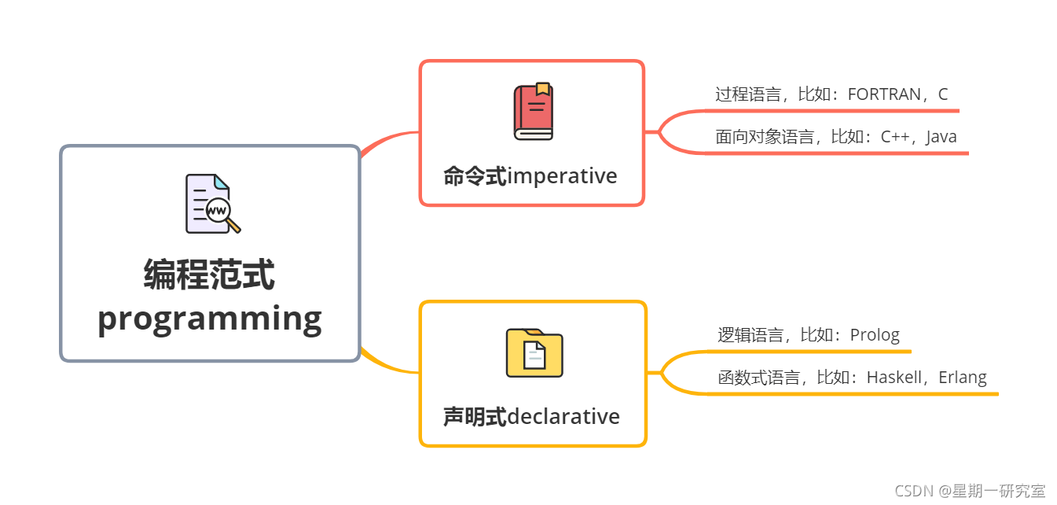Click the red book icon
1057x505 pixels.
534,112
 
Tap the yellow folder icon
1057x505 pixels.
534,353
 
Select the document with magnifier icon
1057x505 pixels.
213,204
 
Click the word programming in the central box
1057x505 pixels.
210,320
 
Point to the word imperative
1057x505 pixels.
562,175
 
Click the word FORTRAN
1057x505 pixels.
884,94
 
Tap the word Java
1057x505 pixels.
941,137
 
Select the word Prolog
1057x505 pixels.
875,335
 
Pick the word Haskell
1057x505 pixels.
894,378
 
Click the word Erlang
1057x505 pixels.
962,378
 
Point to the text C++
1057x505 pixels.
894,137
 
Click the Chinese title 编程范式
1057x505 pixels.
209,275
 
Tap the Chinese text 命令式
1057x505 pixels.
475,176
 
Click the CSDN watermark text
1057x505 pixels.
970,491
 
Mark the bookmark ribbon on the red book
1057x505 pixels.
543,89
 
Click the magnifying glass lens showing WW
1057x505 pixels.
218,210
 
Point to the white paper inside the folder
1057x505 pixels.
534,356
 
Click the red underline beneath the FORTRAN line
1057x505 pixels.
831,111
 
